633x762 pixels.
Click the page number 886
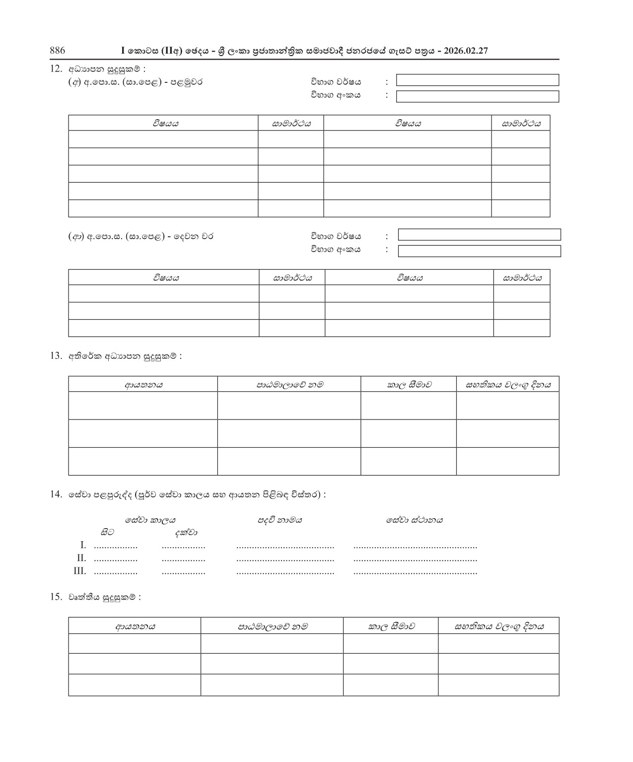(x=58, y=50)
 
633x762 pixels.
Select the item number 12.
(x=56, y=69)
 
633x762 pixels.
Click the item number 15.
(x=56, y=597)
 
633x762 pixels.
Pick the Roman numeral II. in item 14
(x=81, y=558)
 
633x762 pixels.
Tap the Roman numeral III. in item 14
(x=80, y=571)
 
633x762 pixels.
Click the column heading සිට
(x=107, y=532)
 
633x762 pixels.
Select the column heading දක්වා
(x=186, y=532)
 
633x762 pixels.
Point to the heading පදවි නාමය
(x=280, y=520)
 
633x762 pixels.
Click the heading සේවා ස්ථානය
(x=415, y=520)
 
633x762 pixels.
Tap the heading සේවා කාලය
(x=150, y=520)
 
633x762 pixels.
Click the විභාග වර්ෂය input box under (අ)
(x=477, y=80)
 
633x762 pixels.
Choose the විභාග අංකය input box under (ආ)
(x=479, y=251)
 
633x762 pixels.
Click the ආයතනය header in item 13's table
(x=143, y=384)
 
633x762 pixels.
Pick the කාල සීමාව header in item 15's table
(x=391, y=626)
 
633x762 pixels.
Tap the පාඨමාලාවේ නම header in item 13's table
(x=289, y=384)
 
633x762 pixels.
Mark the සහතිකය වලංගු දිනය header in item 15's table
(x=499, y=626)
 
